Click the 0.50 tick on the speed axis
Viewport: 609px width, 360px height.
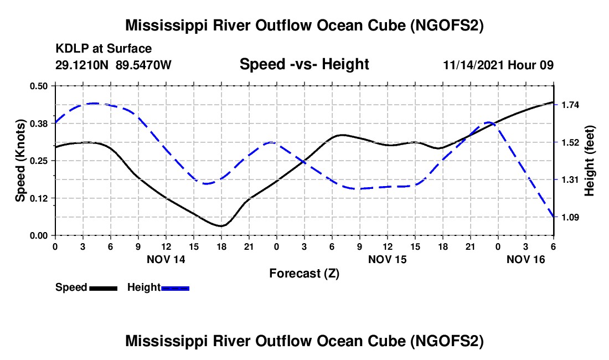[x=38, y=86]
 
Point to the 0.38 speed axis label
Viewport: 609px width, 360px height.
[x=38, y=124]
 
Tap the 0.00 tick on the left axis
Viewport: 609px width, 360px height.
[x=38, y=236]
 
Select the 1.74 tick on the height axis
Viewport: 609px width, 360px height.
[x=570, y=105]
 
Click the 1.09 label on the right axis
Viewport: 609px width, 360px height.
[x=570, y=217]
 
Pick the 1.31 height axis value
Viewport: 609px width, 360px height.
[x=570, y=180]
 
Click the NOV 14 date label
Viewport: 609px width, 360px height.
[x=166, y=259]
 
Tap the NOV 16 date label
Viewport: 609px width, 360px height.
[x=526, y=259]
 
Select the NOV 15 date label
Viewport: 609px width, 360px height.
[x=387, y=259]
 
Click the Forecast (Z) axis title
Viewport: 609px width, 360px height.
[x=304, y=274]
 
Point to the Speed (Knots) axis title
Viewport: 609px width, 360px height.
[x=20, y=161]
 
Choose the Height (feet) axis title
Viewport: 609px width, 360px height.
[x=589, y=161]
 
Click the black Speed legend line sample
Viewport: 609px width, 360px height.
[x=104, y=289]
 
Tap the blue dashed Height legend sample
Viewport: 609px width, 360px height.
[x=175, y=289]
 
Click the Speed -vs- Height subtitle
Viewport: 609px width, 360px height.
[x=304, y=64]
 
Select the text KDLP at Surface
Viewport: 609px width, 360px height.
[x=104, y=49]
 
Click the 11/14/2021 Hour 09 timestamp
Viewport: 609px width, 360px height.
[x=498, y=65]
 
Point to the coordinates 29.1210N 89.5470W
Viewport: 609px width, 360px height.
[x=113, y=65]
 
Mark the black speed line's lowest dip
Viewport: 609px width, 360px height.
[x=221, y=226]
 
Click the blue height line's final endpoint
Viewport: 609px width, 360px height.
[x=554, y=217]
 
